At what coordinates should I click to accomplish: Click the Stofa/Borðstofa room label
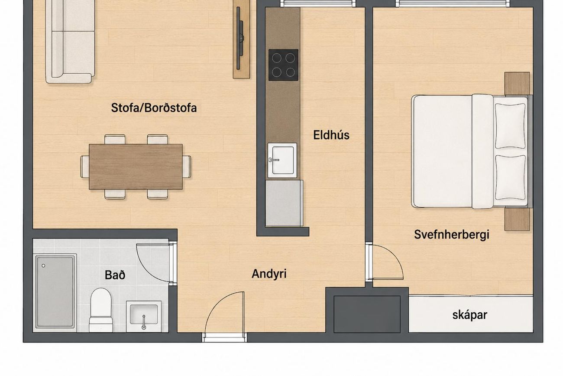[154, 108]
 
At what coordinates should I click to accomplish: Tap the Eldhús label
[331, 135]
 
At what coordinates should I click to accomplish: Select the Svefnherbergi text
[452, 235]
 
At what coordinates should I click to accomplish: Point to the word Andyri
[269, 274]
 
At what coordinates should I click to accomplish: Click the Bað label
[115, 275]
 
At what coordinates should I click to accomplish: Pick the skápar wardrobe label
[470, 315]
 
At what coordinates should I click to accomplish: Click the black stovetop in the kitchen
[283, 65]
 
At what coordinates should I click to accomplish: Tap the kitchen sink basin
[282, 160]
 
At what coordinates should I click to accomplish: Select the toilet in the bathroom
[101, 311]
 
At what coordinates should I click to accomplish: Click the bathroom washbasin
[143, 316]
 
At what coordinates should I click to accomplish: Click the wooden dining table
[136, 167]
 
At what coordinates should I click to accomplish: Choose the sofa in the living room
[70, 42]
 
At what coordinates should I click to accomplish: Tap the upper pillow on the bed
[510, 126]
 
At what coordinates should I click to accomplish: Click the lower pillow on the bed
[510, 178]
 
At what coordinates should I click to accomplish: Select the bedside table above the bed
[517, 84]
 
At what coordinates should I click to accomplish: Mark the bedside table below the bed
[517, 219]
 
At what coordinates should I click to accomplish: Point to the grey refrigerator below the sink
[284, 203]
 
